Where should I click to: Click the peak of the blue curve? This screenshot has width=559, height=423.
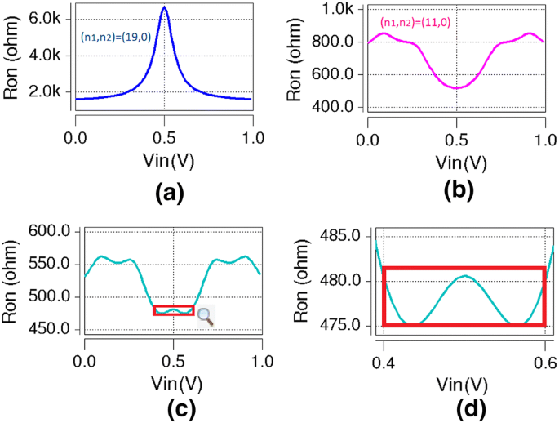(x=164, y=7)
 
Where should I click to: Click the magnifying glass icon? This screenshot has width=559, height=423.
(x=206, y=317)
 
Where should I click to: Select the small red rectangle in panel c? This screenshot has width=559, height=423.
(x=174, y=310)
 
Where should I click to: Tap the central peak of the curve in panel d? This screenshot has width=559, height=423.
(x=464, y=276)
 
